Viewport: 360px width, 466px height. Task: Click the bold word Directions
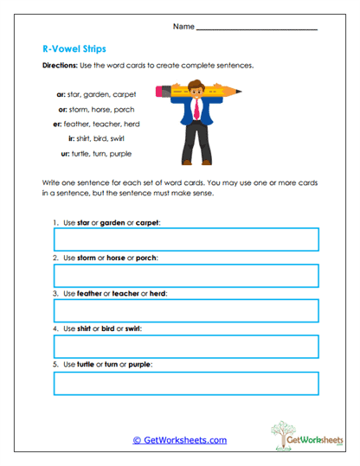[x=61, y=67]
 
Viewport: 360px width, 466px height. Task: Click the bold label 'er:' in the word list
[x=57, y=124]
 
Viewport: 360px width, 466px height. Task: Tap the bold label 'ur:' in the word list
[x=66, y=153]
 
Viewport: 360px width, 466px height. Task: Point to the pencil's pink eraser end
[x=159, y=88]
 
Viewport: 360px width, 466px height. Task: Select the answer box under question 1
[x=185, y=239]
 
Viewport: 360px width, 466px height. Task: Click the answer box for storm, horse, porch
[x=185, y=275]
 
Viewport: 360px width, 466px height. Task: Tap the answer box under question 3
[x=185, y=311]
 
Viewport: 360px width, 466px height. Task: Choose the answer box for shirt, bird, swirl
[x=185, y=347]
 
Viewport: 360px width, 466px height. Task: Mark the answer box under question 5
[x=185, y=383]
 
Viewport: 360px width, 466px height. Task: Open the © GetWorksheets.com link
[x=179, y=440]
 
